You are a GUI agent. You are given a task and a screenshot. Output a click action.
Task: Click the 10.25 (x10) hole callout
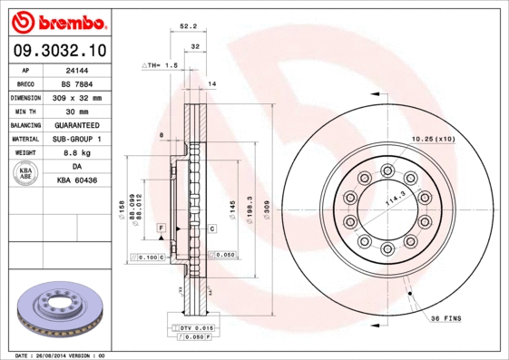tap(433, 139)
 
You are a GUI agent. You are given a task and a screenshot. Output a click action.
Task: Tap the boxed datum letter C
tap(210, 229)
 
